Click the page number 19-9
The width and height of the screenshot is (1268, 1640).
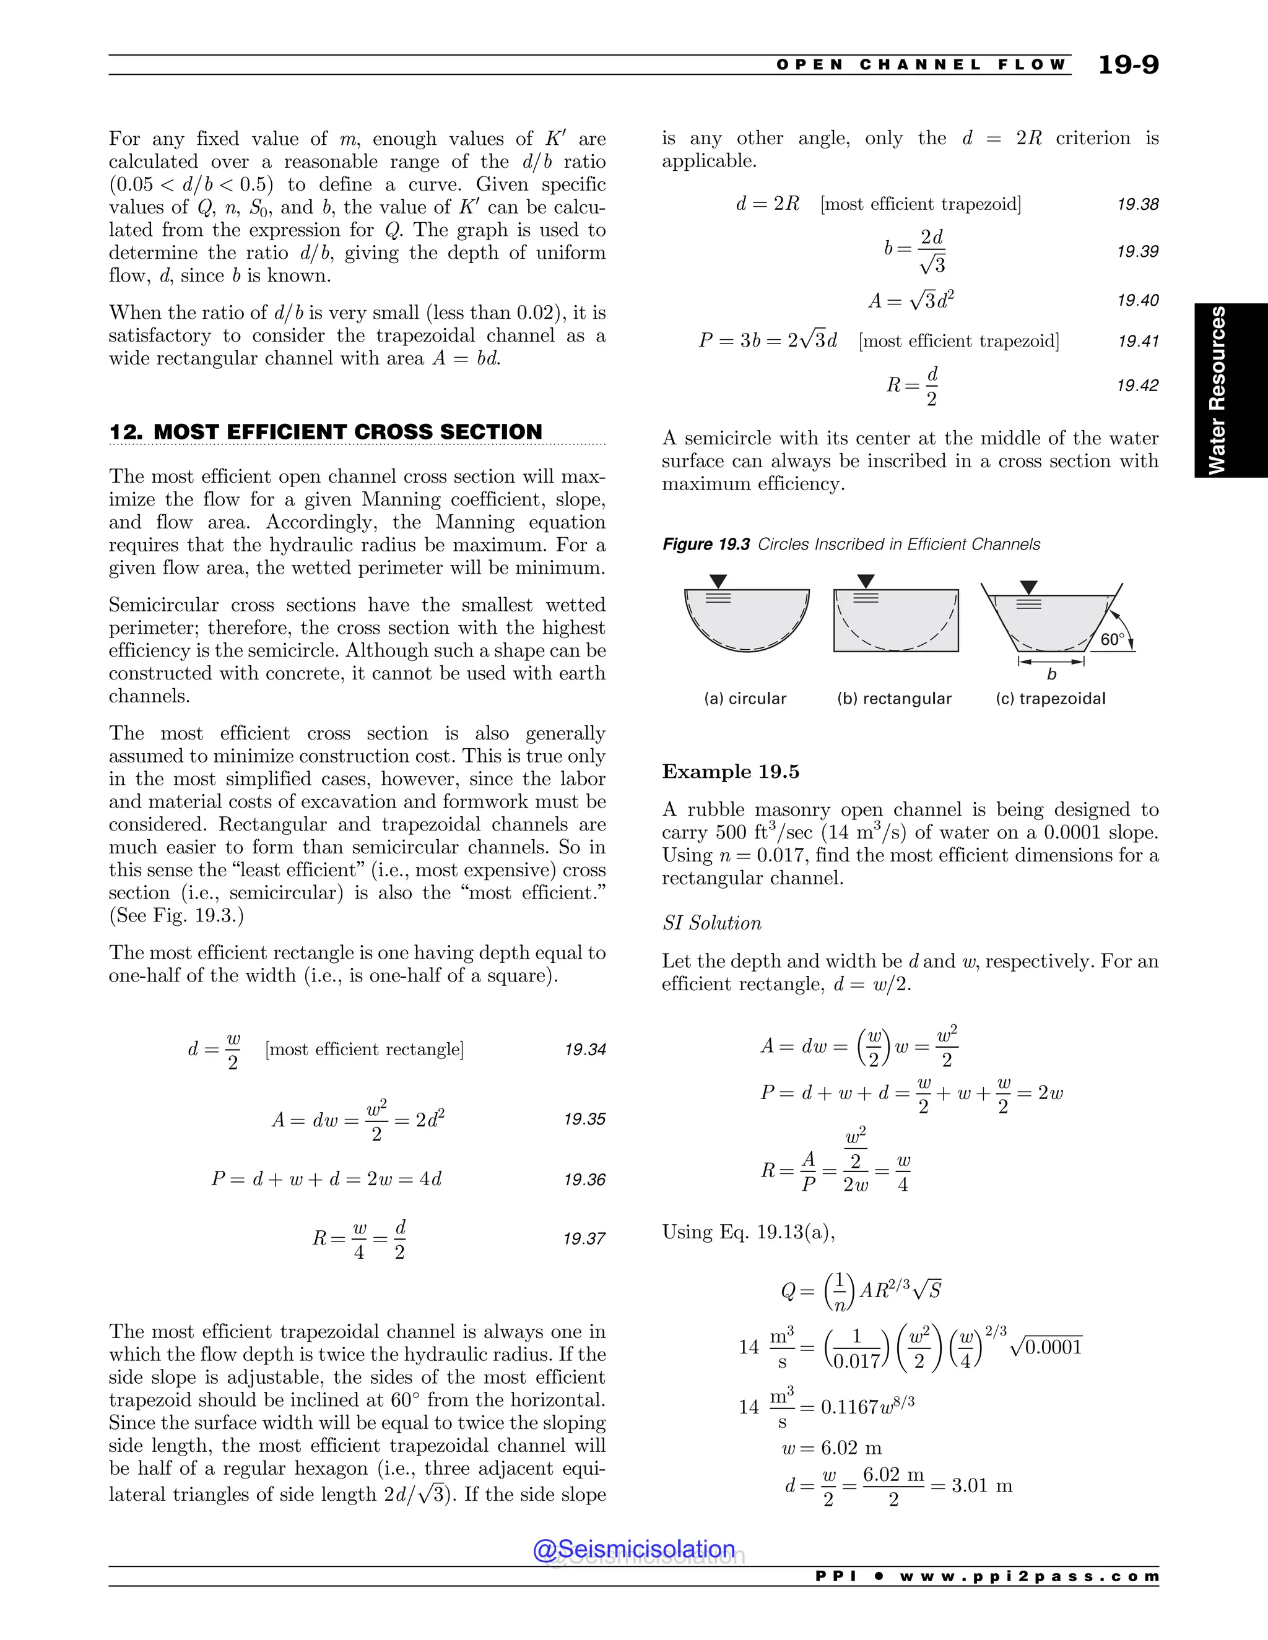[1127, 64]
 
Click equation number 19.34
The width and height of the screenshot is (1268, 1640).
[584, 1049]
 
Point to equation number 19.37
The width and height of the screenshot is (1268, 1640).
[584, 1238]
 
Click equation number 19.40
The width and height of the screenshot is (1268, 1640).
[1137, 300]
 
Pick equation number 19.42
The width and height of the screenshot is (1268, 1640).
[1137, 385]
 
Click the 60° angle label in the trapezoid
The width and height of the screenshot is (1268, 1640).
[1112, 639]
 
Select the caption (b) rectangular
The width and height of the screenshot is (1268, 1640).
[894, 698]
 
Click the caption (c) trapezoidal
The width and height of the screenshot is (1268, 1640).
[1050, 698]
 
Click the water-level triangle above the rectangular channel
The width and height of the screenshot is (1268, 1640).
[866, 581]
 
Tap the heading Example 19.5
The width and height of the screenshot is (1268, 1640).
[730, 771]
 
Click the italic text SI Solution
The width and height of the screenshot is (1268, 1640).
[711, 923]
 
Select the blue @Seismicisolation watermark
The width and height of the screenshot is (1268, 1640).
[633, 1549]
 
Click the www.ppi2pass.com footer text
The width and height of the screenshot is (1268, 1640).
[1029, 1576]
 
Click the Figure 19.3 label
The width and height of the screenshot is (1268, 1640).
[705, 545]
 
